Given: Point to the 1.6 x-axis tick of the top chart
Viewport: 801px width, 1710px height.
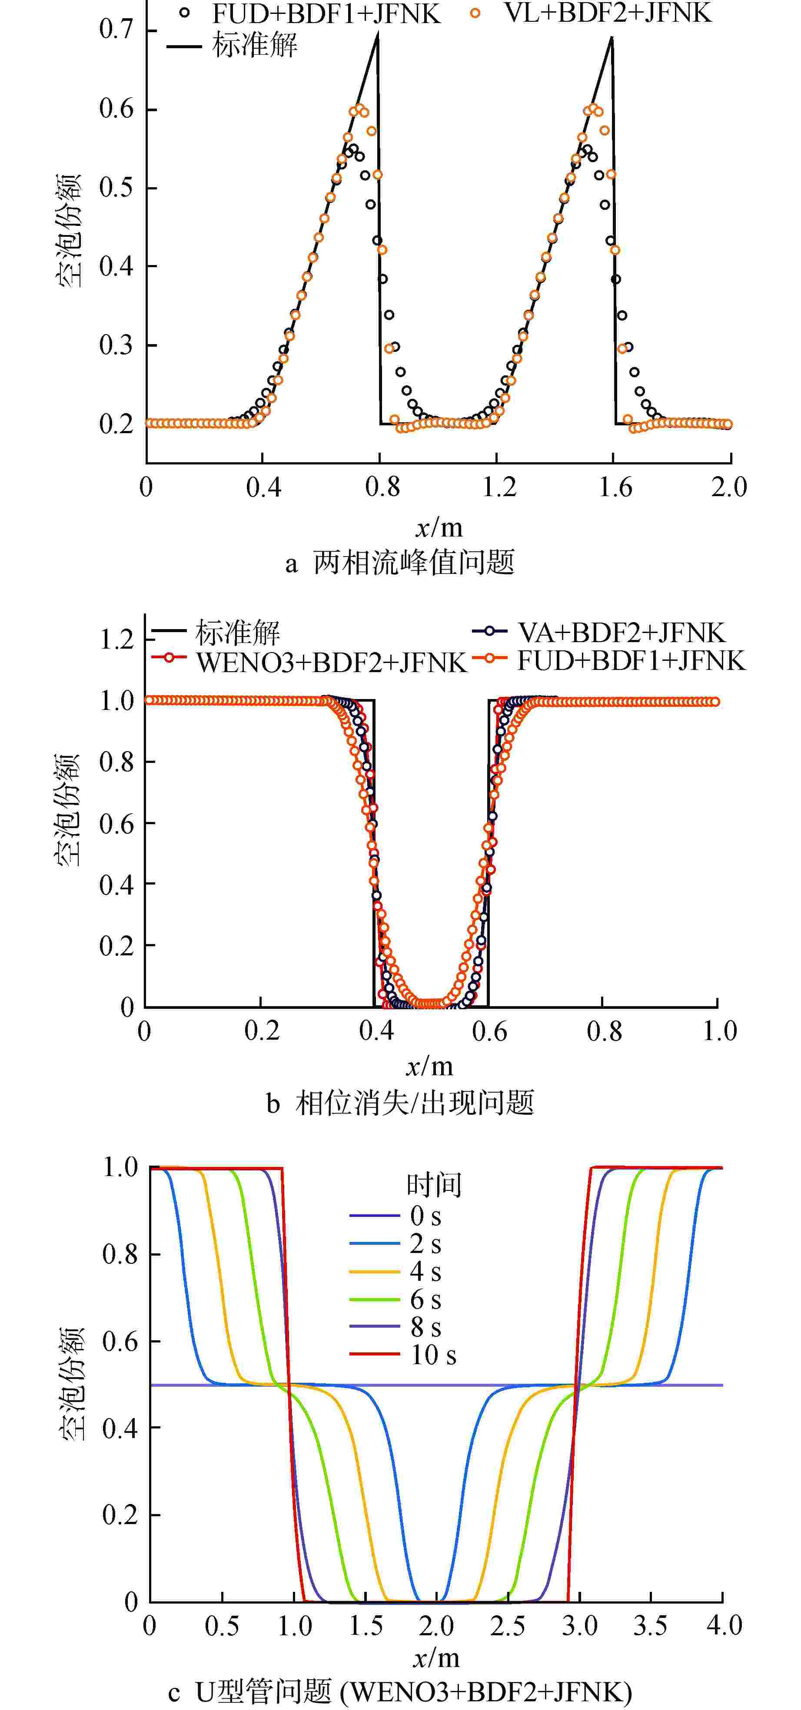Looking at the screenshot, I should click(615, 487).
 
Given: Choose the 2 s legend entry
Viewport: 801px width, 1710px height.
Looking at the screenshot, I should click(425, 1244).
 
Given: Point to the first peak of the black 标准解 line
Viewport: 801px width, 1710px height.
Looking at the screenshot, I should click(377, 36).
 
